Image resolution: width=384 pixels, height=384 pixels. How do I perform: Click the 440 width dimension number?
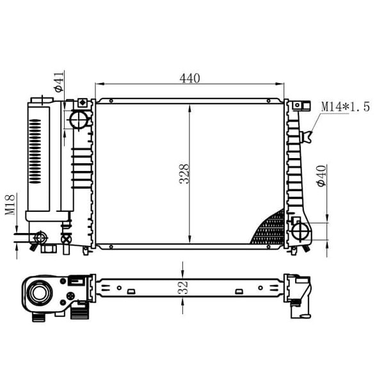tap(190, 78)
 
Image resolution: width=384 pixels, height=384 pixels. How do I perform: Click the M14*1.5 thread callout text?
tap(345, 106)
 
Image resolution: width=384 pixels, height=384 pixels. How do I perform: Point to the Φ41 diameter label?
tap(59, 83)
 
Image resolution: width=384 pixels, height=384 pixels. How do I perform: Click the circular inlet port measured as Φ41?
tap(79, 119)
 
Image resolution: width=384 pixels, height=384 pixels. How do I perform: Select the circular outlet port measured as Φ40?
tap(300, 228)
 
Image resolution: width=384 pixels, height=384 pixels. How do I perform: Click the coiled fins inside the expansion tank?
tap(36, 150)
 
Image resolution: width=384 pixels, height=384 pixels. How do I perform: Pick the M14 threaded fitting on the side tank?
tap(308, 136)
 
